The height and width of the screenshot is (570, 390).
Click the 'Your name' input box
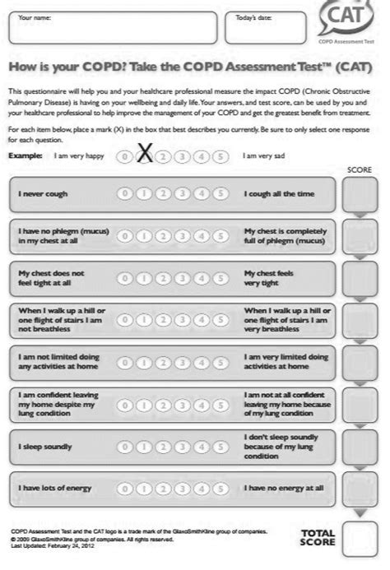[112, 29]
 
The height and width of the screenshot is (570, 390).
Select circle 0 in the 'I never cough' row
[125, 194]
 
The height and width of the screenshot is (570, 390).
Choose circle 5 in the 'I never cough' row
[221, 194]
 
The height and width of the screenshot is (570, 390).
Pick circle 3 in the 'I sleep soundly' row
[183, 446]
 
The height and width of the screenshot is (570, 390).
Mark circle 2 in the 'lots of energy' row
[163, 488]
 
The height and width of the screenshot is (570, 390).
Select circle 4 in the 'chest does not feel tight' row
[202, 278]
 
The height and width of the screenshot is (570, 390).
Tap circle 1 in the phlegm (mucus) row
[144, 236]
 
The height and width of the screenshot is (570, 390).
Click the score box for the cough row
[360, 195]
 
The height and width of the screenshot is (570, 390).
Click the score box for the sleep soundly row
[360, 445]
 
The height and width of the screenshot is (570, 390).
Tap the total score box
[360, 536]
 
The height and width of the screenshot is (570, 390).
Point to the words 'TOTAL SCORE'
[317, 537]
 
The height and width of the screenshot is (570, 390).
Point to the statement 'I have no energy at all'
[284, 488]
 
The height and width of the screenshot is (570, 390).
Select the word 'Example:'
[25, 155]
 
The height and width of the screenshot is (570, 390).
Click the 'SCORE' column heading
[360, 169]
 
